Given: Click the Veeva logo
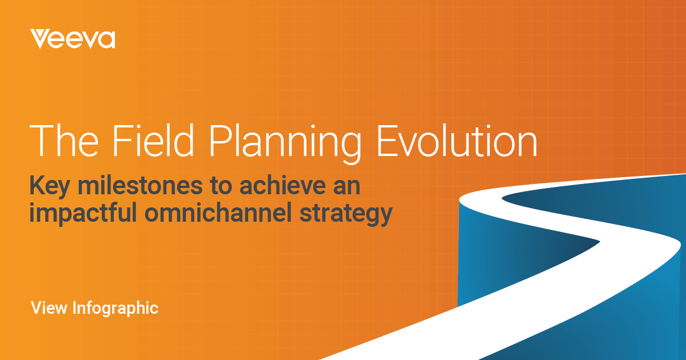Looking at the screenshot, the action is [73, 39].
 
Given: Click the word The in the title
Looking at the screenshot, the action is [64, 141].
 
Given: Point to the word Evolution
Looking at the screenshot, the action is [457, 141].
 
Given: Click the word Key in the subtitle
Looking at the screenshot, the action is [50, 187].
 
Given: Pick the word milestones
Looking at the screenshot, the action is [140, 185].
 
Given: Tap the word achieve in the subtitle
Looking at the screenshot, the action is [282, 185].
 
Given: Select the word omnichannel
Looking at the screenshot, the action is [218, 212].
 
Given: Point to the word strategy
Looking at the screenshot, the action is [346, 214].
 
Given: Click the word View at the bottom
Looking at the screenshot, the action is [49, 307].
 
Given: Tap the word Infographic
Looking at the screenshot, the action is [115, 309].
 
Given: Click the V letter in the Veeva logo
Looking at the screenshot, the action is [40, 39].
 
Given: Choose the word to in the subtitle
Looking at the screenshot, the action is [221, 186].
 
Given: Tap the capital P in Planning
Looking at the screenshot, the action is [220, 141].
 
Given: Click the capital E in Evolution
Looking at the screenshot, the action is [386, 141].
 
